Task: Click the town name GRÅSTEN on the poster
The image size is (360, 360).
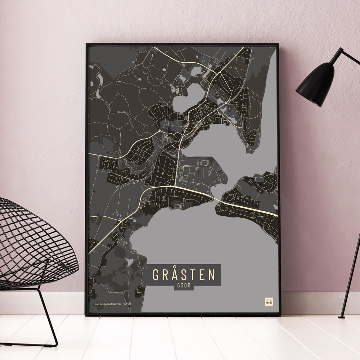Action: click(183, 274)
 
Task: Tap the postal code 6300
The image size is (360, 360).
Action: click(183, 287)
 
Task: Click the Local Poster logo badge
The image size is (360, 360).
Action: click(269, 301)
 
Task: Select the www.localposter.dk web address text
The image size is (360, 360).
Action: click(104, 304)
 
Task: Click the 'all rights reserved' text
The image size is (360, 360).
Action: click(123, 304)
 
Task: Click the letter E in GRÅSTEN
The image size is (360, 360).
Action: click(202, 275)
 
